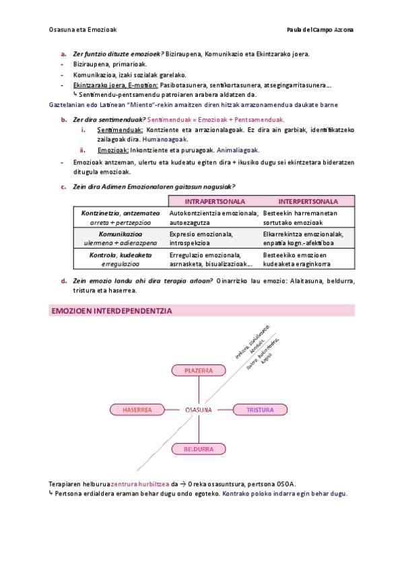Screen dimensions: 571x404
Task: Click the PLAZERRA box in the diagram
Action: tap(199, 370)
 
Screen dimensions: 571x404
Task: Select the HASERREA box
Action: tap(137, 409)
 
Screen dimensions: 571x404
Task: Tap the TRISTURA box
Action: tap(255, 409)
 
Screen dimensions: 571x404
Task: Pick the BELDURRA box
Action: tap(199, 448)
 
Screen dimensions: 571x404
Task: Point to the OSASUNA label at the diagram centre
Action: tap(199, 409)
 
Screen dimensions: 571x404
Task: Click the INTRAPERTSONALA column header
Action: tap(214, 201)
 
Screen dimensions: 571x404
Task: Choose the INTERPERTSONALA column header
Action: tap(308, 201)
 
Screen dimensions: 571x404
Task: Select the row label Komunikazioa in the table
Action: tap(121, 234)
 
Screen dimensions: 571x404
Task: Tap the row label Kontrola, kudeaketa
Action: tap(121, 255)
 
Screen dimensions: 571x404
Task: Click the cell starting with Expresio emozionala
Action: tap(201, 238)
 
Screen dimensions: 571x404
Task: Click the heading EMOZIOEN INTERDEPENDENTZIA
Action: tap(112, 310)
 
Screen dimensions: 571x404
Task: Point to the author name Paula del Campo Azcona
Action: tap(320, 29)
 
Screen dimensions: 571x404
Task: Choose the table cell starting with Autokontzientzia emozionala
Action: tap(213, 217)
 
